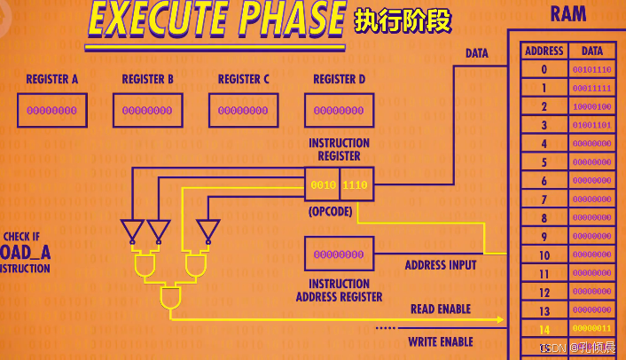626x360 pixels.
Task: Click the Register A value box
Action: click(x=51, y=111)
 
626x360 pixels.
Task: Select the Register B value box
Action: click(x=147, y=111)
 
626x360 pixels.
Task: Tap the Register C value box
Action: click(x=243, y=111)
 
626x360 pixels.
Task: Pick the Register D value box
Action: click(x=339, y=111)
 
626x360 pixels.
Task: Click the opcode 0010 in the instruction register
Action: click(x=322, y=184)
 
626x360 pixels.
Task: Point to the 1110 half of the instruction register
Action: click(x=356, y=184)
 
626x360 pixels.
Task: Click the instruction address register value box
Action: click(x=339, y=254)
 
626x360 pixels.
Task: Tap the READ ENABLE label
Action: click(x=440, y=309)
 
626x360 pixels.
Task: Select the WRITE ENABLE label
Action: click(x=440, y=341)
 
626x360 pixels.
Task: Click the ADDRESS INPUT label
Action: click(x=441, y=264)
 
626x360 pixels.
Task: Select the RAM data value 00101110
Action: click(x=591, y=69)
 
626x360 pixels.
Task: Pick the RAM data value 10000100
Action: click(x=591, y=106)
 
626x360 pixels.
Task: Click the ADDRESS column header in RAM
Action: click(x=544, y=51)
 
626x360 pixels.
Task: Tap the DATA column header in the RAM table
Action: click(x=591, y=51)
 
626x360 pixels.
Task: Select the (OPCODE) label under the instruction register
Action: click(x=331, y=213)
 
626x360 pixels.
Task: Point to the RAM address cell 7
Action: click(x=544, y=200)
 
